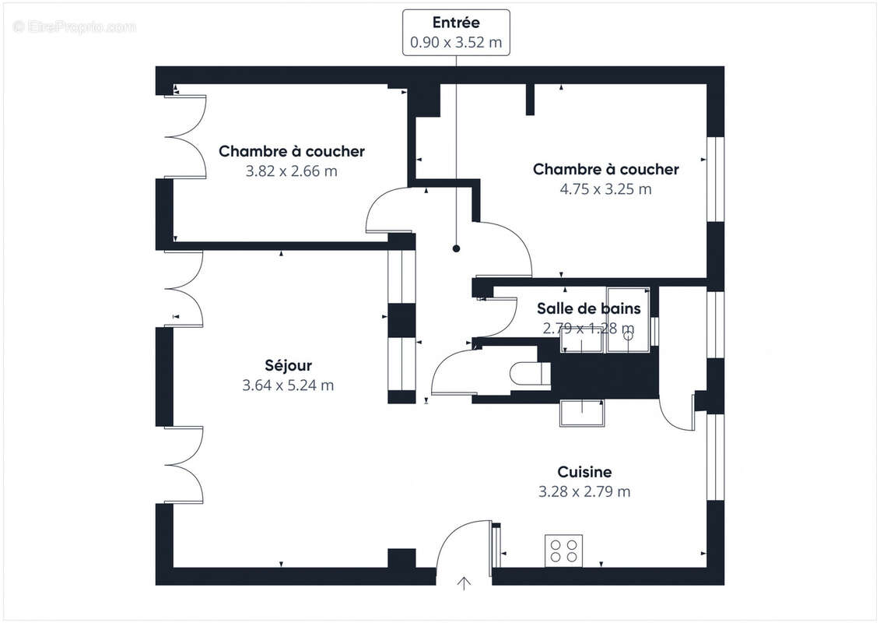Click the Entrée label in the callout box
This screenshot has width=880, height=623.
pyautogui.click(x=456, y=23)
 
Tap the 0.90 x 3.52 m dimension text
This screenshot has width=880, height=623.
pyautogui.click(x=456, y=42)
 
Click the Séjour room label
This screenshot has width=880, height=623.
pyautogui.click(x=288, y=366)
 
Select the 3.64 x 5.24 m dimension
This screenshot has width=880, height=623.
pyautogui.click(x=288, y=385)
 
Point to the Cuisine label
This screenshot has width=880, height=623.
pyautogui.click(x=584, y=472)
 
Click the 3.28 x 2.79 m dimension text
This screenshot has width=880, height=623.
pyautogui.click(x=584, y=491)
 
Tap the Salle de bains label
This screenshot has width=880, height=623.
pyautogui.click(x=589, y=308)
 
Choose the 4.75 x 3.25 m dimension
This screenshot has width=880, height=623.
pyautogui.click(x=605, y=189)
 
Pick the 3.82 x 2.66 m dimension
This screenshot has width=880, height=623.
pyautogui.click(x=291, y=171)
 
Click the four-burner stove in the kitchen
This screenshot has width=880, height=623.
pyautogui.click(x=563, y=551)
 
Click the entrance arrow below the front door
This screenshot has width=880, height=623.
pyautogui.click(x=464, y=584)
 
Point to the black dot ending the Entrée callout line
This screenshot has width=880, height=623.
pyautogui.click(x=456, y=248)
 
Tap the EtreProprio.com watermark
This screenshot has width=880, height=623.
pyautogui.click(x=74, y=26)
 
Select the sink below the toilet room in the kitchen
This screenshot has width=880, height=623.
pyautogui.click(x=583, y=413)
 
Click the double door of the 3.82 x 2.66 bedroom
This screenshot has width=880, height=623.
pyautogui.click(x=185, y=137)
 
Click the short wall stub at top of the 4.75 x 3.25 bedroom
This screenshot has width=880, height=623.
pyautogui.click(x=530, y=100)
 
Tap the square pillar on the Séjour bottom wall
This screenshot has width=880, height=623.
pyautogui.click(x=401, y=558)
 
